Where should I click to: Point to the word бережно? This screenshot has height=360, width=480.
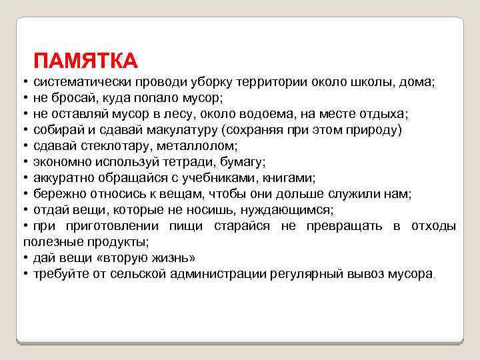[x=61, y=193]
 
